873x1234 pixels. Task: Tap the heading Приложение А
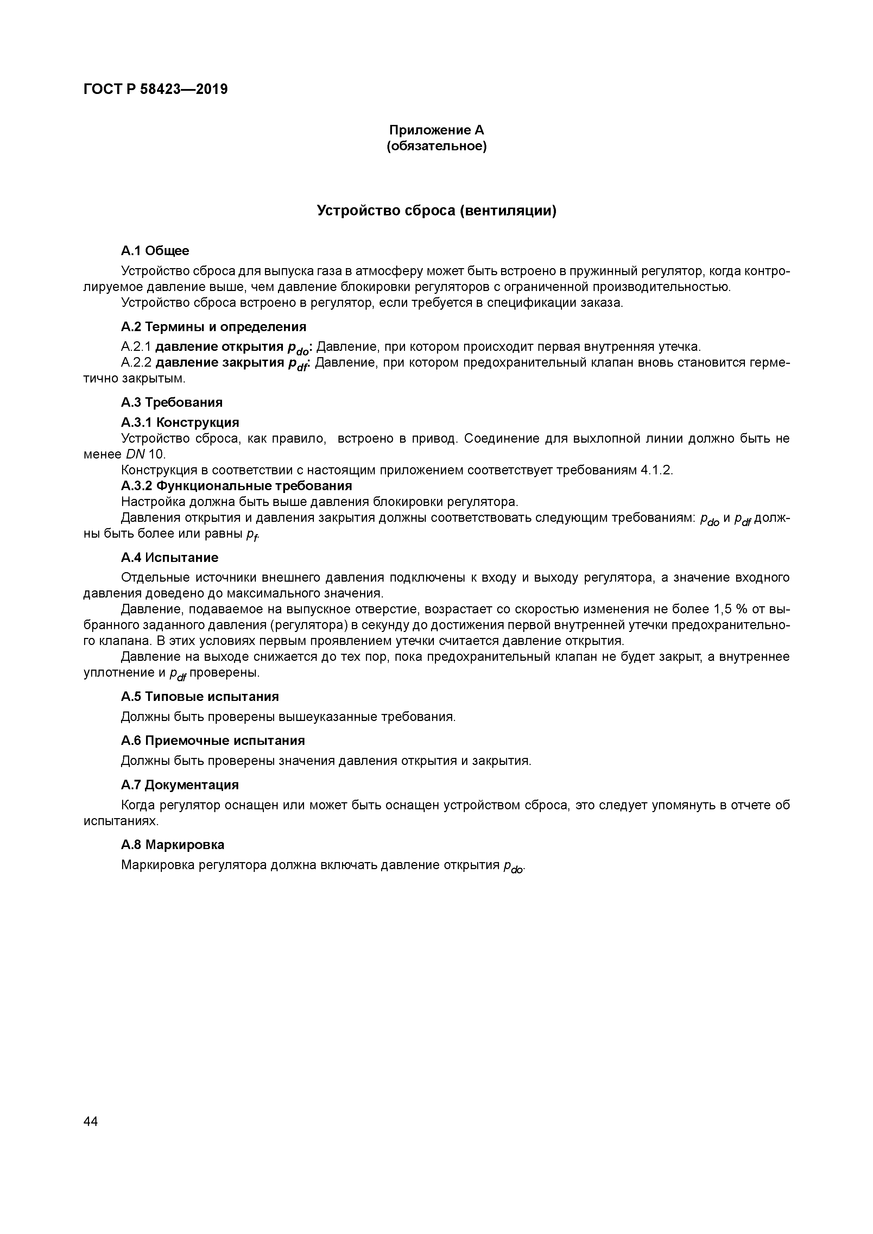436,130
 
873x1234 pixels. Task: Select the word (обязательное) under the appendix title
436,146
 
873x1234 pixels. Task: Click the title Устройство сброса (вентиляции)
436,211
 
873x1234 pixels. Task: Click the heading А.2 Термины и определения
214,327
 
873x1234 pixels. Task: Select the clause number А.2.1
136,347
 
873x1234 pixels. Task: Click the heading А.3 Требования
171,403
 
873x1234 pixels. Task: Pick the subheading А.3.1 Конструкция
180,423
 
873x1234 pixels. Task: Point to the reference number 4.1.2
656,470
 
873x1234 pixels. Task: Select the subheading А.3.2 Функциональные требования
236,486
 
